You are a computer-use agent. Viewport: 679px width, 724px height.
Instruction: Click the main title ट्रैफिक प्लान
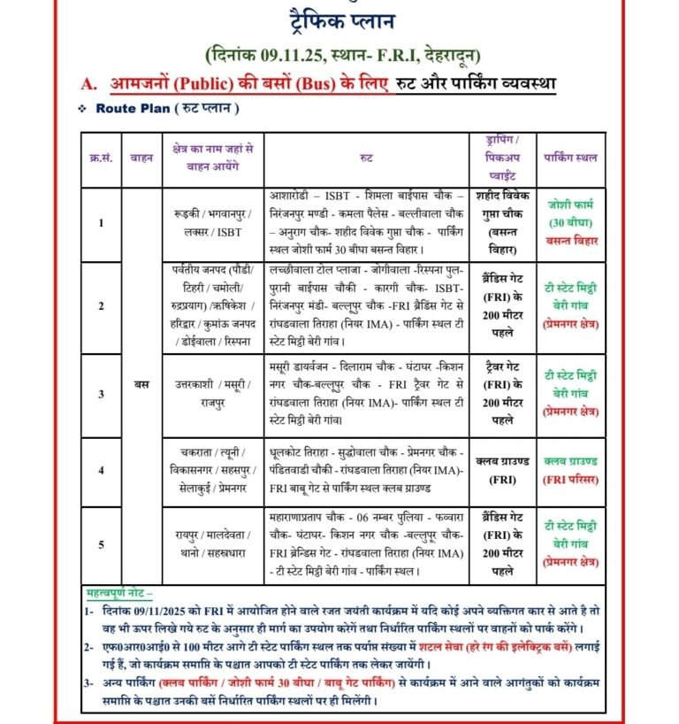click(x=339, y=19)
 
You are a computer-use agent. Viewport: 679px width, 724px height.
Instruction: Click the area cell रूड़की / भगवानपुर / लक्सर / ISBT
click(x=213, y=222)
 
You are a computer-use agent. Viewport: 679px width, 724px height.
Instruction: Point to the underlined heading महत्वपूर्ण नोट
click(x=119, y=591)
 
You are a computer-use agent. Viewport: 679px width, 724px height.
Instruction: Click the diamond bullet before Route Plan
click(x=81, y=109)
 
